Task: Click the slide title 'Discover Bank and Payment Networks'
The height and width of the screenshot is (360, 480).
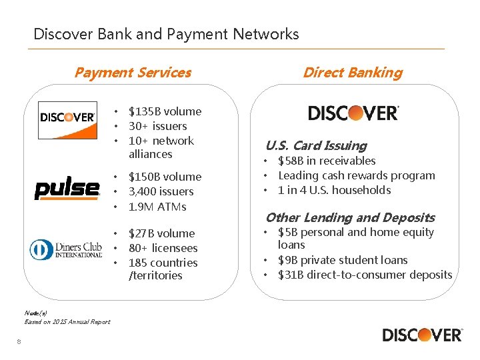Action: pyautogui.click(x=166, y=34)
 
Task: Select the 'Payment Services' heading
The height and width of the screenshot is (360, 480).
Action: pyautogui.click(x=133, y=73)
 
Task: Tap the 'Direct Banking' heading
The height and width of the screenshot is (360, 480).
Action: pyautogui.click(x=353, y=73)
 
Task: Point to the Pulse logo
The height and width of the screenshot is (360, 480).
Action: pyautogui.click(x=67, y=189)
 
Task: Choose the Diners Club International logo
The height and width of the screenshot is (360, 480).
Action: pyautogui.click(x=66, y=249)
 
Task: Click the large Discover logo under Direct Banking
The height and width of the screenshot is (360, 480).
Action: pyautogui.click(x=353, y=113)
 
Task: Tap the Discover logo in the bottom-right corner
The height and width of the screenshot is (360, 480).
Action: pyautogui.click(x=422, y=335)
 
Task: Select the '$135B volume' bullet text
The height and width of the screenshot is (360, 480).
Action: pyautogui.click(x=165, y=111)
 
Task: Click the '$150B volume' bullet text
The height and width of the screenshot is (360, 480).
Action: pyautogui.click(x=165, y=177)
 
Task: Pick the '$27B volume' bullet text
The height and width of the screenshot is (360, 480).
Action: pyautogui.click(x=161, y=233)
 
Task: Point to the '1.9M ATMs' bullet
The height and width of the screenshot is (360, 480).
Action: pyautogui.click(x=157, y=207)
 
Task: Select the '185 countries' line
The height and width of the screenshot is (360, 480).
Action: pyautogui.click(x=163, y=263)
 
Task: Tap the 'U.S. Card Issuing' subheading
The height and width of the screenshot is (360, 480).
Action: pyautogui.click(x=316, y=145)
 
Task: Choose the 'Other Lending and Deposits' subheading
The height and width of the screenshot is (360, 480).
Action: pyautogui.click(x=350, y=217)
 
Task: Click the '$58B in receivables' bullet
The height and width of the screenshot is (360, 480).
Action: pyautogui.click(x=327, y=161)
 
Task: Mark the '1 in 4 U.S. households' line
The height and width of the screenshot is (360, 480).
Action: pyautogui.click(x=334, y=190)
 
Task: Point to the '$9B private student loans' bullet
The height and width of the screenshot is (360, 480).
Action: pyautogui.click(x=343, y=260)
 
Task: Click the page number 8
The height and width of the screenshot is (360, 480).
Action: pyautogui.click(x=20, y=342)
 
